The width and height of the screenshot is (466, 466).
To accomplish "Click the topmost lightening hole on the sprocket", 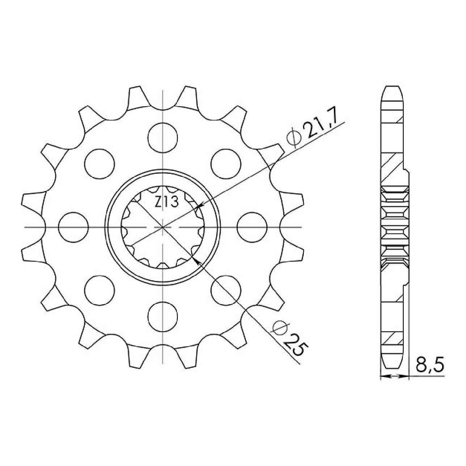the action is pos(163,137).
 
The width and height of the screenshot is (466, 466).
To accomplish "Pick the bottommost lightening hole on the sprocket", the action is pos(163,316).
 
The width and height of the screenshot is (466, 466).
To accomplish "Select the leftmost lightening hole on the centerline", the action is pos(73,227).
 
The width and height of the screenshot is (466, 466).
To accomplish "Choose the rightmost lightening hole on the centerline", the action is pos(252,227).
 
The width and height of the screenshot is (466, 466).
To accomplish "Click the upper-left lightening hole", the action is pos(99,164).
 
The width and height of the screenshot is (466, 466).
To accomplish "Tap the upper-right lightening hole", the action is pos(226,164).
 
